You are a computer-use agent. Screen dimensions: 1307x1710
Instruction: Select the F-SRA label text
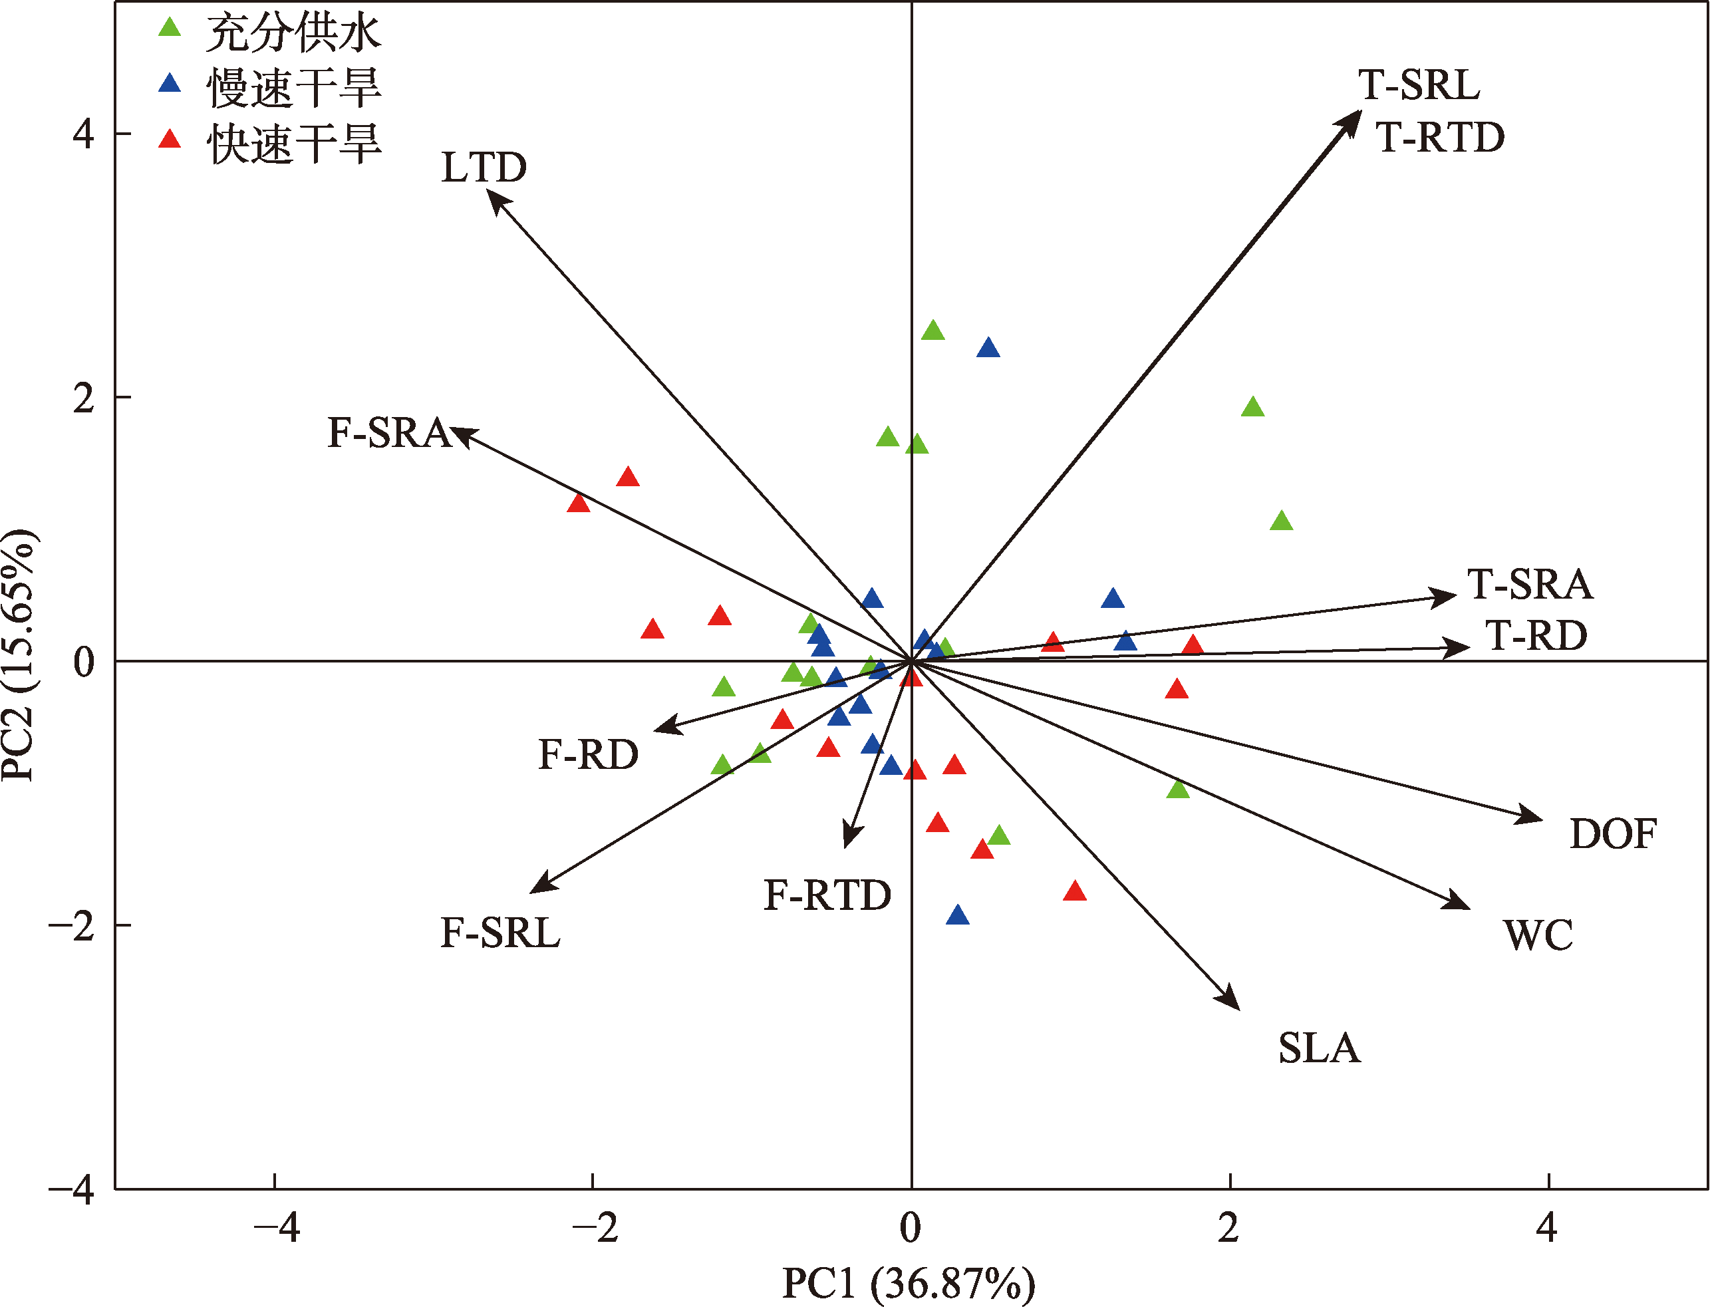pos(389,433)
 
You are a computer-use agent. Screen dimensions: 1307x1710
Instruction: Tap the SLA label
pos(1319,1049)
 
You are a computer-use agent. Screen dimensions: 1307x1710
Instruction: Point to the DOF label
pos(1613,835)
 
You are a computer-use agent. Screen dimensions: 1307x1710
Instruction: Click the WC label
pos(1537,936)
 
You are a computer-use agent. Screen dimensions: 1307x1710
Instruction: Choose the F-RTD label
pos(827,896)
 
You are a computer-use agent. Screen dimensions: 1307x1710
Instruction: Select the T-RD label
pos(1536,637)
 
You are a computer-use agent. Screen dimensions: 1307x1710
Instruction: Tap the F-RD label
pos(588,756)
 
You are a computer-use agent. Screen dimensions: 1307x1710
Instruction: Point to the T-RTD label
pos(1440,138)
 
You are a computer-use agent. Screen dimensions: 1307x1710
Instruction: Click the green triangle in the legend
pos(170,28)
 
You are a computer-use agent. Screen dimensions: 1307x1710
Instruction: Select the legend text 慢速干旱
pos(294,87)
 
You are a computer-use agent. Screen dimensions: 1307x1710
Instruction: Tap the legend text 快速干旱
pos(294,144)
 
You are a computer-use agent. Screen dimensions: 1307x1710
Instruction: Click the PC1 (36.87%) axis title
pos(908,1284)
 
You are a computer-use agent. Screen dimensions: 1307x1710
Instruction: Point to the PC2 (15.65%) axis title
pos(19,654)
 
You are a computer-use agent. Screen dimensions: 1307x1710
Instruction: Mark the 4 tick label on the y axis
pos(83,134)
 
